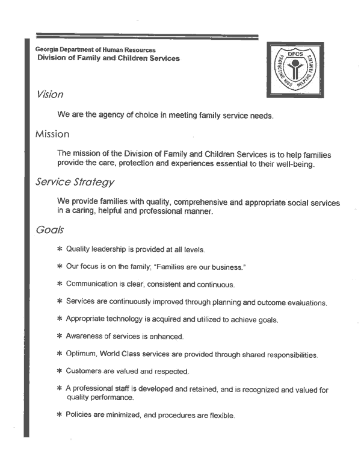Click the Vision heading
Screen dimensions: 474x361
tap(51, 95)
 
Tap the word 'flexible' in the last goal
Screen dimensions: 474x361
tap(218, 416)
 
